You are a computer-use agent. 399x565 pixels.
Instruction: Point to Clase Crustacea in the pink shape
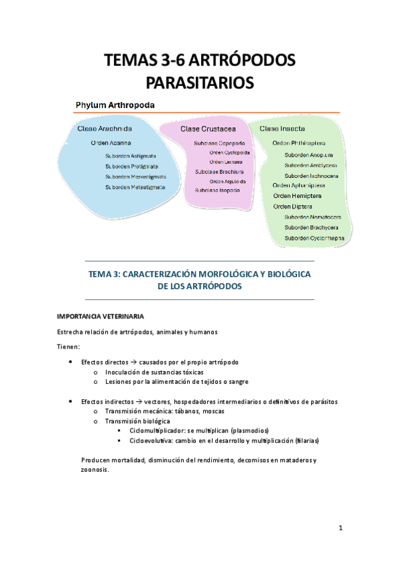pos(209,128)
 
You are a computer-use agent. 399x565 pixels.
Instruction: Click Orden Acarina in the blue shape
pos(111,142)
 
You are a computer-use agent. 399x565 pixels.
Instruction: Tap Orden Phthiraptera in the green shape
pos(299,143)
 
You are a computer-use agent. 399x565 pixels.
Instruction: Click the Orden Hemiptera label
pos(297,196)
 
